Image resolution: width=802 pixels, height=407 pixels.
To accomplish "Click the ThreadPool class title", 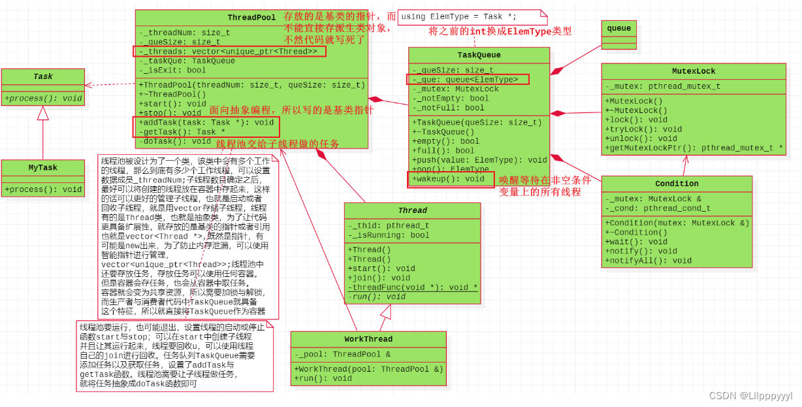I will (x=251, y=18).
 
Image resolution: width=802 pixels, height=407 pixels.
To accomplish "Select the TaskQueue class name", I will (x=479, y=56).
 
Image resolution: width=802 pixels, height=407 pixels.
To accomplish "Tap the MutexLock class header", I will (x=693, y=71).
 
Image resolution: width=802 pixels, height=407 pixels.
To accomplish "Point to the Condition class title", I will (x=677, y=184).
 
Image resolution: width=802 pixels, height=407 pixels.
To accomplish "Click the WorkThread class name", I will (x=368, y=339).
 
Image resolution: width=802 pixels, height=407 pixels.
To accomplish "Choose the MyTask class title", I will (x=43, y=167).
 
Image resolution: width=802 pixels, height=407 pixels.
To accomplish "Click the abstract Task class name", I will (x=43, y=76).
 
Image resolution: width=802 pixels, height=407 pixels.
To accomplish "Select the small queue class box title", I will (x=618, y=29).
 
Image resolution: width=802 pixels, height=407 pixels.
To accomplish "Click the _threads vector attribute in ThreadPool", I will (x=229, y=52).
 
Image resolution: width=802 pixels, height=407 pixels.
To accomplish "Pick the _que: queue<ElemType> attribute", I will (x=467, y=80).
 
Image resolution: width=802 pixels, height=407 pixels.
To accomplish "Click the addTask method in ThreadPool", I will (x=206, y=122).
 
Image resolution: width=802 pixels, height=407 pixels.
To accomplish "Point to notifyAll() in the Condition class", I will (x=648, y=260).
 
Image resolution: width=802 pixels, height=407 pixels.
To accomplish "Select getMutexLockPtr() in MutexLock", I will (x=694, y=148).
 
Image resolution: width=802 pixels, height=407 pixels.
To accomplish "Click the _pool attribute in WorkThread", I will (x=344, y=354).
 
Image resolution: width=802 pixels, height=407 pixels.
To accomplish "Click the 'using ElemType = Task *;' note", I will (x=459, y=16).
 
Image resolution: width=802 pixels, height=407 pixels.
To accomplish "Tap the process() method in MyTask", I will (x=43, y=189).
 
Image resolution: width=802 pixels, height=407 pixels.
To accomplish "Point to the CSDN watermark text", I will (x=750, y=396).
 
